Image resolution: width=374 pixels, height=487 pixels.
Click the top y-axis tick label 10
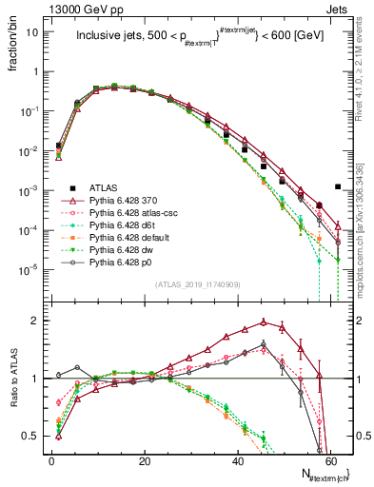click(34, 32)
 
